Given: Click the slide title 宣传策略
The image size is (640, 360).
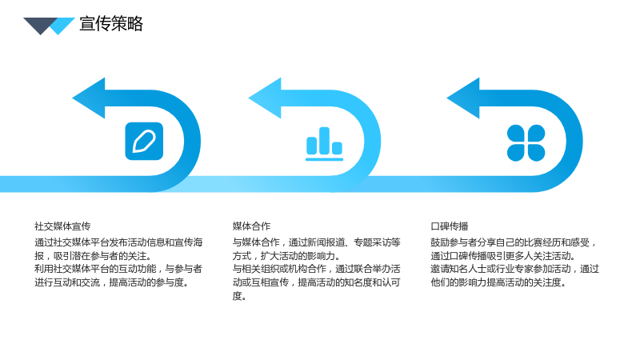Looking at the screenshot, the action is [x=111, y=24].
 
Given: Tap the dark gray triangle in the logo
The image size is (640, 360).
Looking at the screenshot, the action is [x=40, y=25].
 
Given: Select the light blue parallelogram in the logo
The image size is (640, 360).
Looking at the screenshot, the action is [x=61, y=26].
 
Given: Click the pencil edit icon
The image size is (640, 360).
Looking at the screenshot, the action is [x=144, y=142].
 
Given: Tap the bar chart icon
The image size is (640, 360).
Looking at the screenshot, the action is [x=325, y=144].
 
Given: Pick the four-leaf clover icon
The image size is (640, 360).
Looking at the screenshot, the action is [x=526, y=143].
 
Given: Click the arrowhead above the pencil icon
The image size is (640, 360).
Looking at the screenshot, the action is [x=89, y=98].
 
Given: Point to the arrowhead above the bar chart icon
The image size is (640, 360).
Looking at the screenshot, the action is [x=265, y=98].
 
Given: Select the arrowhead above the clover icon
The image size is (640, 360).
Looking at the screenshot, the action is [x=463, y=98].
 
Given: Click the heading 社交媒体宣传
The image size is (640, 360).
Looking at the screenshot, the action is [x=62, y=226].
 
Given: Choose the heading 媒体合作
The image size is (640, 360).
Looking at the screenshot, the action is [x=251, y=226].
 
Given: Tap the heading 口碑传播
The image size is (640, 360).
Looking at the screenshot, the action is [x=450, y=226].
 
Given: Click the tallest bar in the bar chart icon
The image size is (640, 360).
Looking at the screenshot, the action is [x=324, y=141].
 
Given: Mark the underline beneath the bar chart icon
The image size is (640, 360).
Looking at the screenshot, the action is [x=325, y=159].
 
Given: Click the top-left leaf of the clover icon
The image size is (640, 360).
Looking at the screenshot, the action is [x=515, y=133].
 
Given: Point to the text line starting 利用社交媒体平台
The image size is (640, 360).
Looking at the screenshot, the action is [x=118, y=269].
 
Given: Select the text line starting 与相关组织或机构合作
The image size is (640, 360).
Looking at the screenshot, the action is [x=316, y=269].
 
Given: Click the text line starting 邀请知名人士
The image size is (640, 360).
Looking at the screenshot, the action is [x=514, y=269].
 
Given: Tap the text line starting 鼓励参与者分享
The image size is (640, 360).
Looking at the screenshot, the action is [x=514, y=242].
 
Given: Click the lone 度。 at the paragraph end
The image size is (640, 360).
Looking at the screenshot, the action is [x=239, y=296].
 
